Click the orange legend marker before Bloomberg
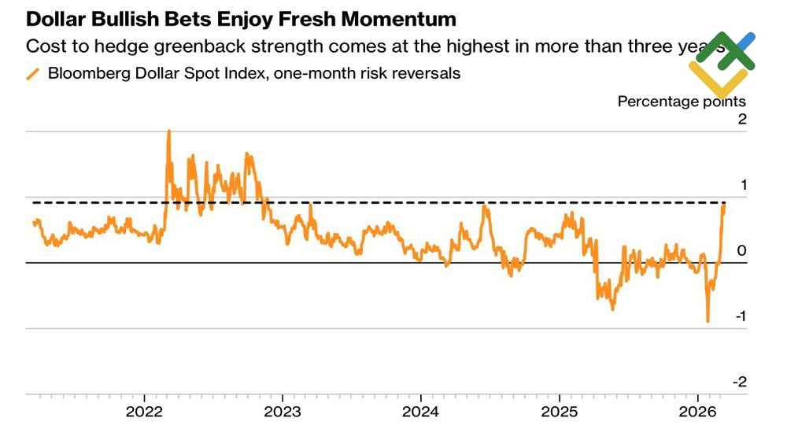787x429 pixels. coord(33,73)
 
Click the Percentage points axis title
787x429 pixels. coord(682,101)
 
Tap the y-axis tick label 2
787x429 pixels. coord(741,119)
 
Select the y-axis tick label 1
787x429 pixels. coord(741,185)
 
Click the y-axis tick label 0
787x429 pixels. coord(741,250)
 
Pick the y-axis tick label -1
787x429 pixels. coord(739,316)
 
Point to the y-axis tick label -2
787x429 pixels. coord(739,382)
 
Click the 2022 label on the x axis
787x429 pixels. coord(145,412)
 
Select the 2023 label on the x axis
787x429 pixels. coord(283,412)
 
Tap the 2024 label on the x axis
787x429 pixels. coord(420,412)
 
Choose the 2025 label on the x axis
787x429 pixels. coord(559,412)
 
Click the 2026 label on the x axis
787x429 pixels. coord(696,412)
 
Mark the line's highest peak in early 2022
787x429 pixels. coord(168,131)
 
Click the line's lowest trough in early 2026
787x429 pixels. coord(708,321)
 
